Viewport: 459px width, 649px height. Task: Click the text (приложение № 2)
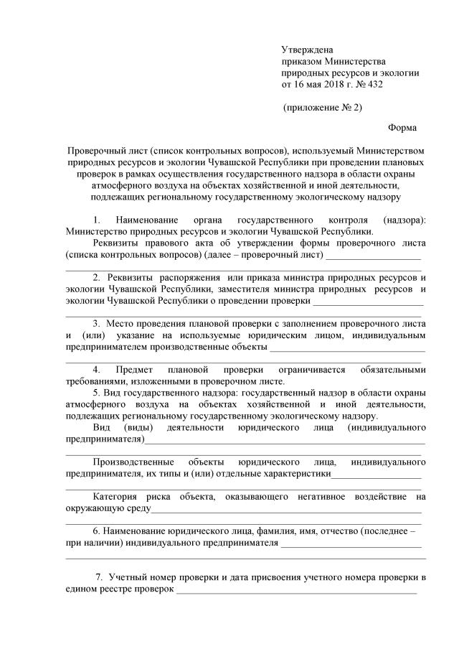pos(322,108)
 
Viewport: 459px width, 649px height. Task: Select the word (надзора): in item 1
pos(404,219)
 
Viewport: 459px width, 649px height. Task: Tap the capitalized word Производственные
pos(129,462)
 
